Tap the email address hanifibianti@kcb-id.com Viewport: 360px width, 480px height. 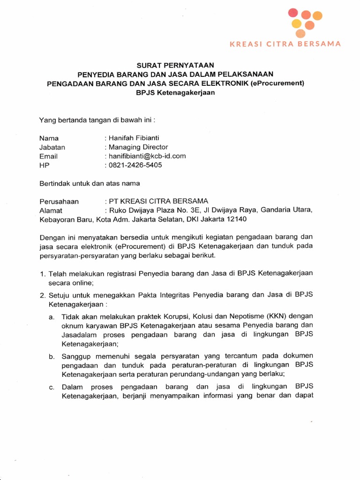click(147, 156)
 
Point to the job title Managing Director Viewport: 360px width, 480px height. click(138, 147)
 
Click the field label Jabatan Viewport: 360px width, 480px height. click(52, 147)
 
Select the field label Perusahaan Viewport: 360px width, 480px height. click(60, 202)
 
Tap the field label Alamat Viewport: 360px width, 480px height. click(51, 210)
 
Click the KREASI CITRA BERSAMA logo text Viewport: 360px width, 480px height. click(285, 44)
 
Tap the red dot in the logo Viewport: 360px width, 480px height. click(293, 12)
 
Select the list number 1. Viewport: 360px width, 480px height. click(42, 273)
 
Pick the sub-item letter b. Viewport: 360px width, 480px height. click(51, 357)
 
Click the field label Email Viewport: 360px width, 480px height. click(49, 156)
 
